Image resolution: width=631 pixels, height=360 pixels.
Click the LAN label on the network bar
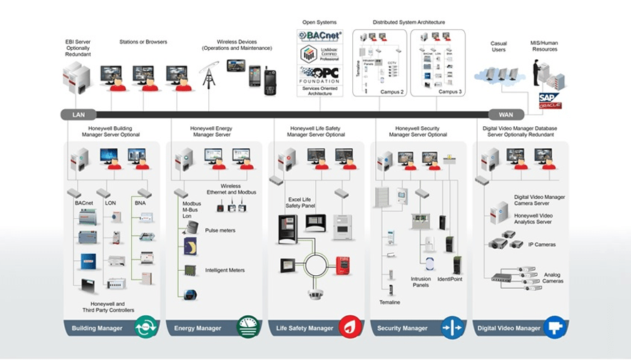tap(78, 114)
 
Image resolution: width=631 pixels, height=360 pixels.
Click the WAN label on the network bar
tap(506, 114)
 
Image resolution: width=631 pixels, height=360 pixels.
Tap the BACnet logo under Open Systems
tap(319, 36)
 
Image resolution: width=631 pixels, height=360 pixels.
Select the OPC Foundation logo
tap(319, 75)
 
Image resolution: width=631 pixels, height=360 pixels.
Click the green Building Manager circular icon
tap(145, 327)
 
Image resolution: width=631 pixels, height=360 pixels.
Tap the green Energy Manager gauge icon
tap(247, 327)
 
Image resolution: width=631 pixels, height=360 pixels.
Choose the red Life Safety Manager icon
tap(349, 327)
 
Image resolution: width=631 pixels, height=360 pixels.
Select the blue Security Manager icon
tap(452, 327)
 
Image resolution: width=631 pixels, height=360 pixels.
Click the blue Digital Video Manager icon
tap(554, 327)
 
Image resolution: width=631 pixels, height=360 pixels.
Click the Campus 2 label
tap(391, 92)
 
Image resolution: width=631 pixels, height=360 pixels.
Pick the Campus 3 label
tap(450, 92)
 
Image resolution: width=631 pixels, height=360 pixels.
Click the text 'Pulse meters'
tap(220, 231)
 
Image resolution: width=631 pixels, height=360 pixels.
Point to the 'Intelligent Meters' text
tap(225, 270)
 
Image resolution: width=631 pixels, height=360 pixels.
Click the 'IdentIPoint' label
tap(449, 279)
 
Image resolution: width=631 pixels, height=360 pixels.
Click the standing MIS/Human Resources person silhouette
tap(535, 73)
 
